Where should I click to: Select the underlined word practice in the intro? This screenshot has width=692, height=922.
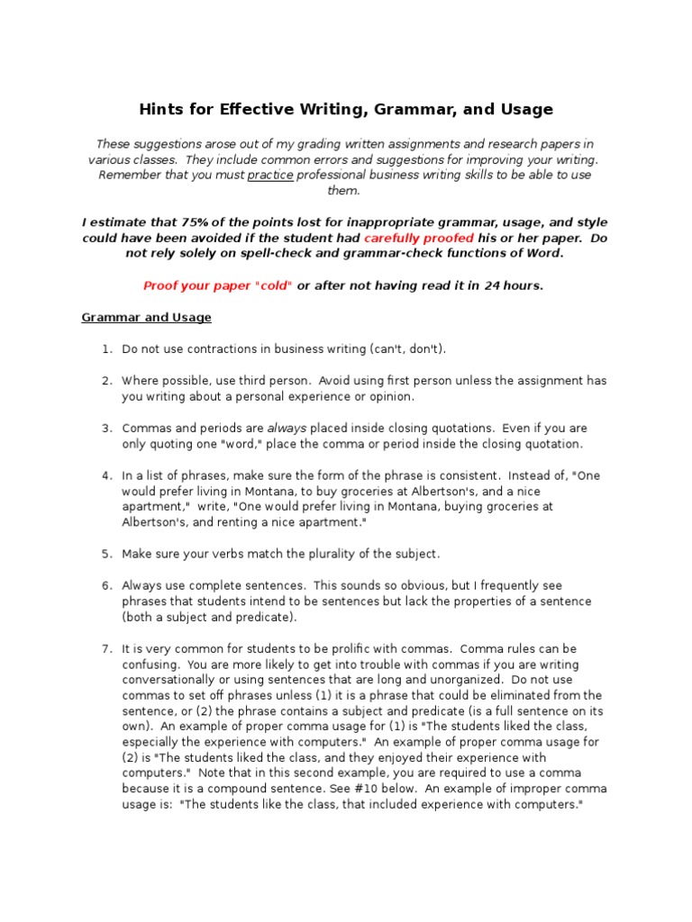(270, 175)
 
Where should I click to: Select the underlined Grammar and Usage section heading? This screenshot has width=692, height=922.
(146, 317)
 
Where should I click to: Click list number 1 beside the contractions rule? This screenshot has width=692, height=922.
(105, 348)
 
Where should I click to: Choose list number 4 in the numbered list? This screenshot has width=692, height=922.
(105, 475)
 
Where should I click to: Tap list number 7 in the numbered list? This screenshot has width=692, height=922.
(105, 648)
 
